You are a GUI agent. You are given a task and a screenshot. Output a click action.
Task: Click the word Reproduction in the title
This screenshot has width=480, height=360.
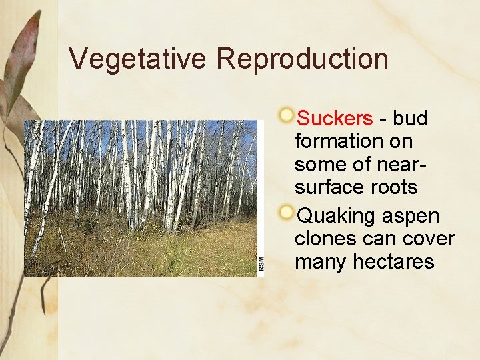302,59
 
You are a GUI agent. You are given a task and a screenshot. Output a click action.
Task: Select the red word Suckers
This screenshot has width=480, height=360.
335,119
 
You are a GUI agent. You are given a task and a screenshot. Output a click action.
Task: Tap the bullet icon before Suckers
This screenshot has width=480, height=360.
286,115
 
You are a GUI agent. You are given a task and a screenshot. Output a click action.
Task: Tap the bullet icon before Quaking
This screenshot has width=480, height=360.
286,213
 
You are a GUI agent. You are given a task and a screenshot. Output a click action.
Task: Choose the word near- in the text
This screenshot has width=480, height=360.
394,165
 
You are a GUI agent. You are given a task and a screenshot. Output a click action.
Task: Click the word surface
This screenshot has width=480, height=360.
329,188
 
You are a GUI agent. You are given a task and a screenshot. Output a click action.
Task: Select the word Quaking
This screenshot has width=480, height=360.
337,217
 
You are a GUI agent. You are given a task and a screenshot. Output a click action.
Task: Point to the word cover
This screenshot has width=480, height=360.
431,239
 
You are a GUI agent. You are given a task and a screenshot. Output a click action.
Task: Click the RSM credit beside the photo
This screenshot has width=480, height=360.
261,263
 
